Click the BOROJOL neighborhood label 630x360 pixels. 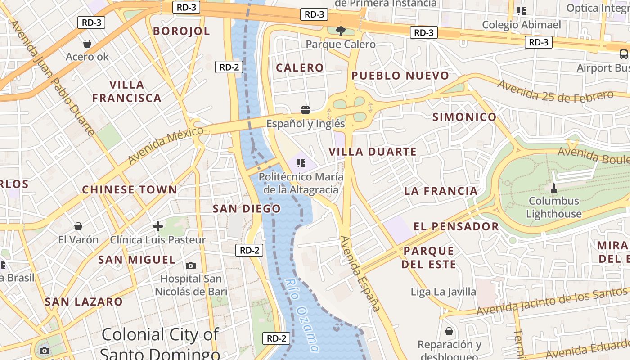[x=181, y=31]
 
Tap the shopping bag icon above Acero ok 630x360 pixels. [x=87, y=44]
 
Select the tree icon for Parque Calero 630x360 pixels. [x=341, y=31]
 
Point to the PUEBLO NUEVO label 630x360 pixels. [x=400, y=76]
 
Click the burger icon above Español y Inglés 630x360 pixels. [x=306, y=110]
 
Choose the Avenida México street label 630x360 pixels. [x=166, y=145]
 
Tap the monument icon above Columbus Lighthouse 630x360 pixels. [x=554, y=188]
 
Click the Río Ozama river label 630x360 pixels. [x=302, y=315]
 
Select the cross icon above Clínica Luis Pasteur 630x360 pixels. [x=158, y=226]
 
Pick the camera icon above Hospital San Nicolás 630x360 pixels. [x=191, y=265]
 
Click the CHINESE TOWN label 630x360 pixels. [x=130, y=190]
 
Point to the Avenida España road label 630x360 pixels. [x=360, y=274]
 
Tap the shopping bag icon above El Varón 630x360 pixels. [x=78, y=226]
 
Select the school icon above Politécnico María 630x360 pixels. [x=301, y=163]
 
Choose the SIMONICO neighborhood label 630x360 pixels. [x=464, y=117]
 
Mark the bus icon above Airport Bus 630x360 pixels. [x=623, y=55]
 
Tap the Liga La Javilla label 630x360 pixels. [x=443, y=292]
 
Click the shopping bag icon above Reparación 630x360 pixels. [x=449, y=332]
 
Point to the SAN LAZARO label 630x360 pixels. [x=84, y=301]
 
